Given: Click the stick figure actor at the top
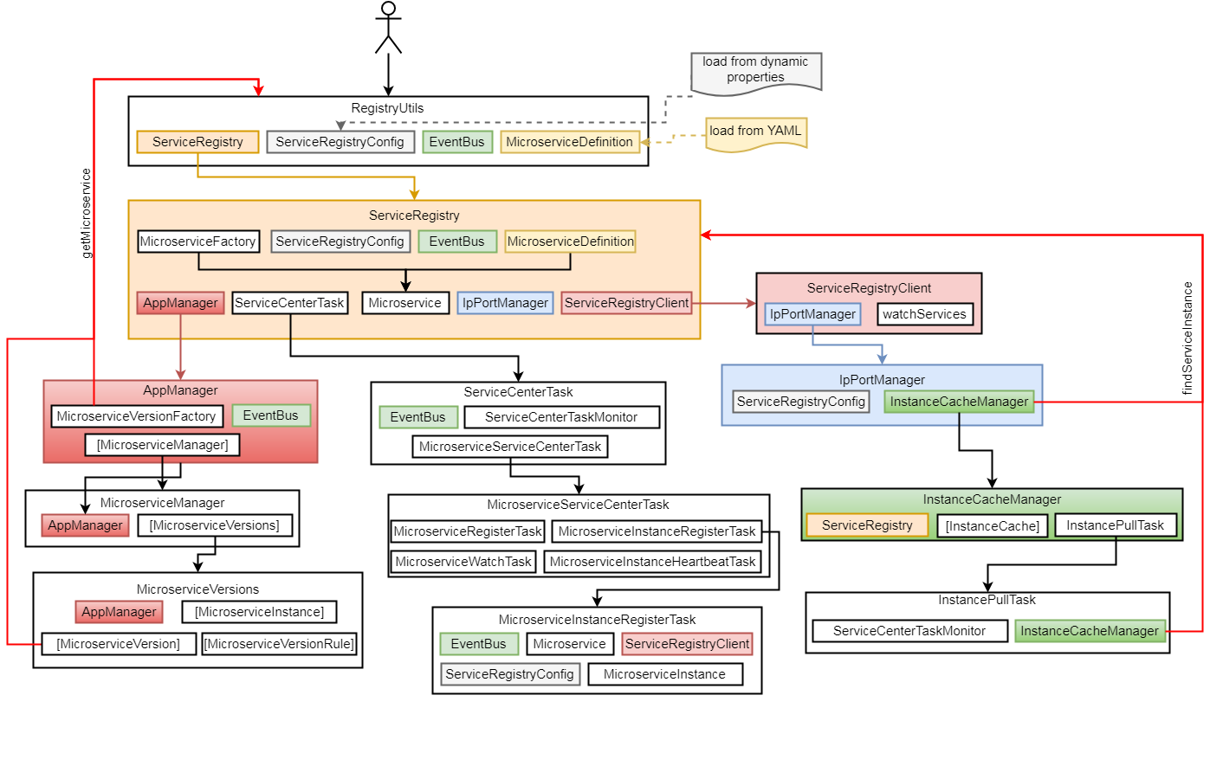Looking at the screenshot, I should coord(388,28).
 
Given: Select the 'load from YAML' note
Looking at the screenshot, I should coord(755,132).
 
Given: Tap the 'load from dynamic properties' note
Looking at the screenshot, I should coord(755,70).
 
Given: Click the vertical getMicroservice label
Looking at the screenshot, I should coord(86,213).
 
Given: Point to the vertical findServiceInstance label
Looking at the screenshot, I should coord(1187,338).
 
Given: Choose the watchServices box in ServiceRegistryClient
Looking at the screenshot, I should coord(924,314).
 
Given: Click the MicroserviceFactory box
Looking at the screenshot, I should coord(197,241).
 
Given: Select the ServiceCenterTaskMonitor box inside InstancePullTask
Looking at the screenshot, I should coord(909,631).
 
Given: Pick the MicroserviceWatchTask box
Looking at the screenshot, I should coord(463,562).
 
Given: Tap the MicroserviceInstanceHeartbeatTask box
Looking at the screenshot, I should coord(652,562).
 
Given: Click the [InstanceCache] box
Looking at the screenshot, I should coord(993,525).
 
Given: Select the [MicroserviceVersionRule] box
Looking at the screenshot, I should coord(279,644).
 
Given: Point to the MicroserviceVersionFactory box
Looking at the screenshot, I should coord(137,416).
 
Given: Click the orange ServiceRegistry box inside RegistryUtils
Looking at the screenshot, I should coord(197,142).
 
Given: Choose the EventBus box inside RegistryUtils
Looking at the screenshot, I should coord(457,142).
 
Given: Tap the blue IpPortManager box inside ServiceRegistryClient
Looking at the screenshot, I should coord(812,314).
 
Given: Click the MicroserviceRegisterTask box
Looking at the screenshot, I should coord(468,531).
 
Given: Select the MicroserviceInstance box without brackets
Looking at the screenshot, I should coord(665,674).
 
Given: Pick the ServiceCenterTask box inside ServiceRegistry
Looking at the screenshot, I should coord(289,303).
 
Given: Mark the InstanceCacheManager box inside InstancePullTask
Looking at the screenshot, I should coord(1090,631).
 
